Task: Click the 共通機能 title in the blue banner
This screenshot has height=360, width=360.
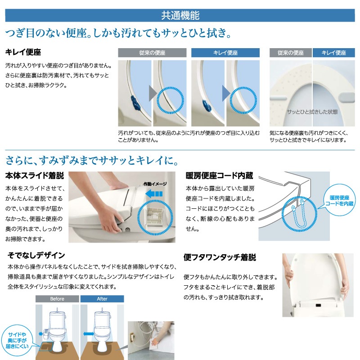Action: point(180,15)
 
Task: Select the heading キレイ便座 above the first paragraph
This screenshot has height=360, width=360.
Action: point(23,52)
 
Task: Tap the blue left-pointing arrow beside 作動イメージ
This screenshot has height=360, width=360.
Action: point(154,194)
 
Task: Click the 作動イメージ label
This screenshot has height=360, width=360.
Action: point(155,184)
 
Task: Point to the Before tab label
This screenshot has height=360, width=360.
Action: point(57,299)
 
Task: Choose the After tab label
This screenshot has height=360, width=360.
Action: point(102,299)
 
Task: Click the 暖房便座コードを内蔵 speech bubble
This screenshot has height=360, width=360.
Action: point(339,200)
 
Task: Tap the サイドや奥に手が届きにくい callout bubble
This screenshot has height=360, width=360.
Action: point(17,340)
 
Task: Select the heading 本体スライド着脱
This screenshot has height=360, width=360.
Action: point(35,175)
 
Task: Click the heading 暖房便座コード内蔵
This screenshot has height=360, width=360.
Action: point(219,175)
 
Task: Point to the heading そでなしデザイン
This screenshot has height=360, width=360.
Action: point(36,255)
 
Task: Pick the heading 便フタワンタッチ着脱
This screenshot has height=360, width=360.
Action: point(220,257)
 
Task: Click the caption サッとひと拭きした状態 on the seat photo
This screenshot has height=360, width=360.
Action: point(312,112)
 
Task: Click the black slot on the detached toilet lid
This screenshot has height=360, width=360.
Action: point(319,306)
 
